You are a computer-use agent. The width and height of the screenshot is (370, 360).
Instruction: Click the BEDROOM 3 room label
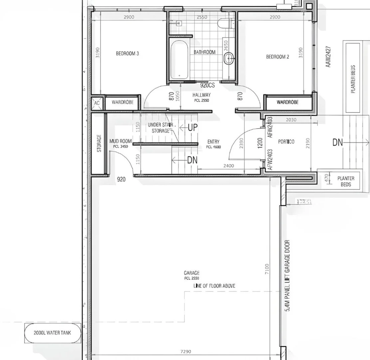[x=127, y=53]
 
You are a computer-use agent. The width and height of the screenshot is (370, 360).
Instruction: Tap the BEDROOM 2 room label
[x=277, y=57]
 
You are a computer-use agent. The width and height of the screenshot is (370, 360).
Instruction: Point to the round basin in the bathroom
[x=229, y=59]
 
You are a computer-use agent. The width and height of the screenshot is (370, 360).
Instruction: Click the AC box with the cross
[x=97, y=103]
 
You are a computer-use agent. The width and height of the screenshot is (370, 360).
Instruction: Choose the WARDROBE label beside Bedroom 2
[x=287, y=102]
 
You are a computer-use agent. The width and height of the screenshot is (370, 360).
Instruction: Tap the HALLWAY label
[x=201, y=95]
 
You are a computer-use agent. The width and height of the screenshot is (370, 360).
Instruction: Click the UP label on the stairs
[x=193, y=128]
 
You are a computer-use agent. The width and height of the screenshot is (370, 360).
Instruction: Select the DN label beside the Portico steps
[x=338, y=143]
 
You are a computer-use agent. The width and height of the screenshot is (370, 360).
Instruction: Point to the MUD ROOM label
[x=121, y=141]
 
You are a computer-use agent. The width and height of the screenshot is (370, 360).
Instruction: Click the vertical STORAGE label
[x=99, y=143]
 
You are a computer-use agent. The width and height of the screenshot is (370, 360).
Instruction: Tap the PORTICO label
[x=286, y=142]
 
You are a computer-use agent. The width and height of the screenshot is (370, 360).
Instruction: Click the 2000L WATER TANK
[x=52, y=333]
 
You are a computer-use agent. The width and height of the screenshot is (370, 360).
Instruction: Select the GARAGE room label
[x=191, y=273]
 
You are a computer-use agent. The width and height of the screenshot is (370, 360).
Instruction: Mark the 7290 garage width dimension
[x=185, y=351]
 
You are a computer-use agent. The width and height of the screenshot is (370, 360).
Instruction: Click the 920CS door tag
[x=207, y=85]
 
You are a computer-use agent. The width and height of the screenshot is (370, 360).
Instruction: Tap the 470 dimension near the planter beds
[x=326, y=178]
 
